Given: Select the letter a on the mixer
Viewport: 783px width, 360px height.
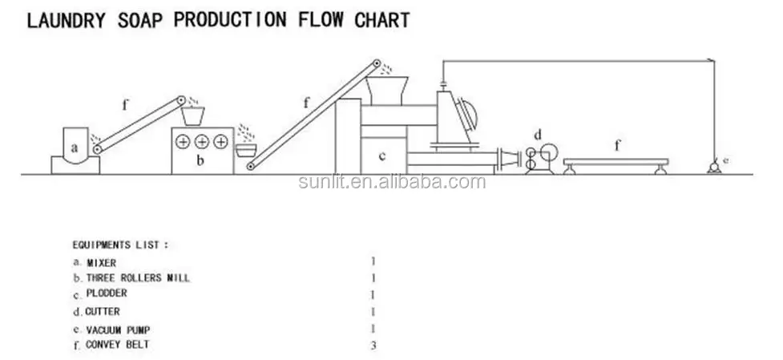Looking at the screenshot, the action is click(x=74, y=148).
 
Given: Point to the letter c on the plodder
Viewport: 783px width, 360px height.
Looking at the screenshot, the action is click(x=382, y=156).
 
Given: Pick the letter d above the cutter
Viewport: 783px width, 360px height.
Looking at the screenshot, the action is click(x=538, y=133).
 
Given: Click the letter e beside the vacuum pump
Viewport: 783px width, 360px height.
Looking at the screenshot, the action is click(x=725, y=160).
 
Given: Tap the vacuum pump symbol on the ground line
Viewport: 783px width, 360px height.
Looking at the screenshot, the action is click(x=711, y=167).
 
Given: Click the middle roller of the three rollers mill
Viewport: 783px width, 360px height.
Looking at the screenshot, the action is click(x=201, y=141).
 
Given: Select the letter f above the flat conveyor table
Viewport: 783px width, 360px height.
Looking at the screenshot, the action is click(x=616, y=146).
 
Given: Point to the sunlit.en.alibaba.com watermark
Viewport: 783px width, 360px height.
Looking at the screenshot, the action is click(x=391, y=182).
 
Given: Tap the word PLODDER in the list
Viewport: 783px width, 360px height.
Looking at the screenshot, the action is click(x=107, y=294).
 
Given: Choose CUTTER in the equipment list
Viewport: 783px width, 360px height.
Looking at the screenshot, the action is click(x=102, y=311).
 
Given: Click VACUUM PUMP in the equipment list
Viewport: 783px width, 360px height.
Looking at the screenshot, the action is click(x=118, y=329).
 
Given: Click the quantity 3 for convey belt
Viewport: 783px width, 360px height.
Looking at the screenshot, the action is click(x=373, y=346).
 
